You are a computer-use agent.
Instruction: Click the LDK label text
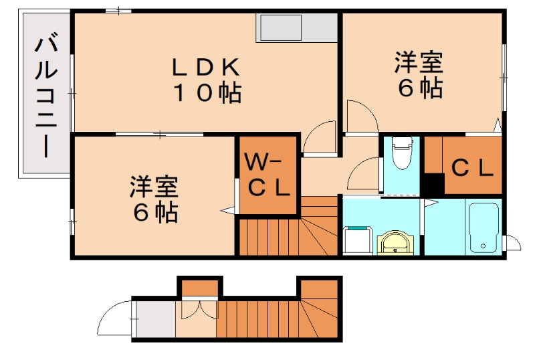(x=206, y=67)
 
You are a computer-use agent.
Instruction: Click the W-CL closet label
(x=267, y=175)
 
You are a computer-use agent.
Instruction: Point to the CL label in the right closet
(x=472, y=168)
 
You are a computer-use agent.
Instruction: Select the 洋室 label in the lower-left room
(x=153, y=186)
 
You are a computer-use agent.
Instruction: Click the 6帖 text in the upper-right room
(x=419, y=88)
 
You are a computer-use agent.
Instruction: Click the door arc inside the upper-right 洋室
(x=362, y=115)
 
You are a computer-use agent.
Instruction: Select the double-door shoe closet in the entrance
(x=196, y=312)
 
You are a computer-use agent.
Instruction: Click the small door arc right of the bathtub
(x=513, y=244)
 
